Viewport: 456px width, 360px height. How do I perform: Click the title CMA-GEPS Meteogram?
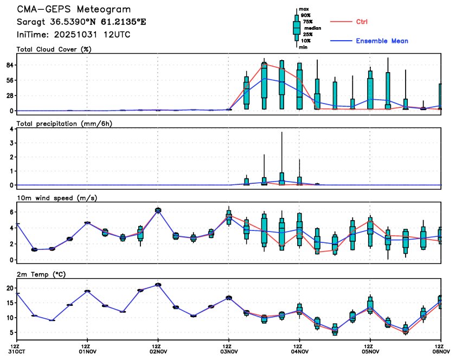pyautogui.click(x=74, y=9)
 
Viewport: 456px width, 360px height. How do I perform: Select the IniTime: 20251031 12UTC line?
pyautogui.click(x=74, y=35)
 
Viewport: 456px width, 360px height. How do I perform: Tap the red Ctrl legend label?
pyautogui.click(x=362, y=22)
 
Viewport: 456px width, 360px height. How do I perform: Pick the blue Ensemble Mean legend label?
pyautogui.click(x=382, y=41)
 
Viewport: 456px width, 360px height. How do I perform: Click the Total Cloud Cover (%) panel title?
pyautogui.click(x=53, y=49)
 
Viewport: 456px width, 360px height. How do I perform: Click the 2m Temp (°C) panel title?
pyautogui.click(x=41, y=274)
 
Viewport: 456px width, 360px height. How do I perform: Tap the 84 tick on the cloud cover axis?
pyautogui.click(x=9, y=65)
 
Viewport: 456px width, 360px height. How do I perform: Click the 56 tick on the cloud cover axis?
pyautogui.click(x=9, y=80)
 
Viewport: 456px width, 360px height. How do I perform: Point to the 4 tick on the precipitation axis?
pyautogui.click(x=12, y=129)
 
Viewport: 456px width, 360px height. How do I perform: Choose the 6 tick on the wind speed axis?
pyautogui.click(x=12, y=212)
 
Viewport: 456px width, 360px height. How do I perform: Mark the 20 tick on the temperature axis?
pyautogui.click(x=10, y=288)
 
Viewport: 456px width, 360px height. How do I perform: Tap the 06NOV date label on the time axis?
pyautogui.click(x=441, y=351)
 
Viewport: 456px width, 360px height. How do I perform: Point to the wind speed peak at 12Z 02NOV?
pyautogui.click(x=158, y=210)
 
